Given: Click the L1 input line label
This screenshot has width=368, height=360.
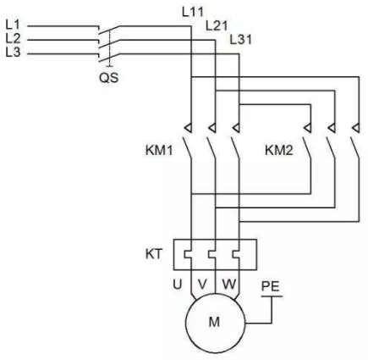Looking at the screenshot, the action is pyautogui.click(x=13, y=25).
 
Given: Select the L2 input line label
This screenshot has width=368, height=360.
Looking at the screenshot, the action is pyautogui.click(x=13, y=38).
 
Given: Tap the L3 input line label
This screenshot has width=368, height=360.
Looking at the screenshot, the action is pyautogui.click(x=13, y=52).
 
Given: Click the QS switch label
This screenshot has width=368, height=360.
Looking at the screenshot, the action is pyautogui.click(x=109, y=77).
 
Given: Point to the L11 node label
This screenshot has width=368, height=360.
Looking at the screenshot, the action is pyautogui.click(x=193, y=12).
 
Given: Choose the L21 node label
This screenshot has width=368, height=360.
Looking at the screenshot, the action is pyautogui.click(x=217, y=25).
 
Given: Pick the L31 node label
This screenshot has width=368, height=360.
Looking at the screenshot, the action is pyautogui.click(x=240, y=40).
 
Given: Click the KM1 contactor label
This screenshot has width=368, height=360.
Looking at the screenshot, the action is pyautogui.click(x=159, y=150).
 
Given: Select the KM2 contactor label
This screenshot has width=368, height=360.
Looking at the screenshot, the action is pyautogui.click(x=279, y=150).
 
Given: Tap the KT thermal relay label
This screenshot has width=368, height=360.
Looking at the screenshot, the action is pyautogui.click(x=154, y=254).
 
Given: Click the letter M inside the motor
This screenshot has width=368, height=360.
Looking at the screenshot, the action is pyautogui.click(x=214, y=322).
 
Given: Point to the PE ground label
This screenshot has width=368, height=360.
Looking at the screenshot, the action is pyautogui.click(x=270, y=286).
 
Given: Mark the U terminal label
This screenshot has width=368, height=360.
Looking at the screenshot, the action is pyautogui.click(x=178, y=285).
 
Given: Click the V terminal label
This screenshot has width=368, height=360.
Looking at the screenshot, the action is pyautogui.click(x=202, y=285).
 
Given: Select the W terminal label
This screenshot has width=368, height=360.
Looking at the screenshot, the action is pyautogui.click(x=228, y=285).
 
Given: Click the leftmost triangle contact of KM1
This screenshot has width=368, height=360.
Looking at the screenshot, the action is pyautogui.click(x=189, y=129).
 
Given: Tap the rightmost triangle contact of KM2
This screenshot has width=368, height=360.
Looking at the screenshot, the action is pyautogui.click(x=357, y=129).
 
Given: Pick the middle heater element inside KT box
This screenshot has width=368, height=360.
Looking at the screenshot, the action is pyautogui.click(x=212, y=254).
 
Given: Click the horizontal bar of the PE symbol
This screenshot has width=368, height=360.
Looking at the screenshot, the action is pyautogui.click(x=272, y=296).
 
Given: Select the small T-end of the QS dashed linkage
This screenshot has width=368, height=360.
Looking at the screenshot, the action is pyautogui.click(x=109, y=66).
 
